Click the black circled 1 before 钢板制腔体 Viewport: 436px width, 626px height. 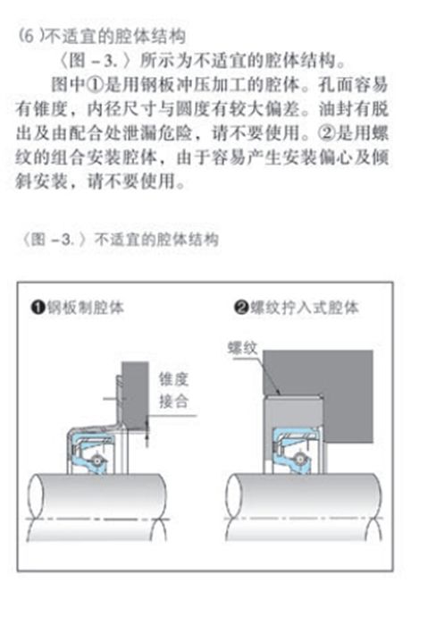[x=38, y=309]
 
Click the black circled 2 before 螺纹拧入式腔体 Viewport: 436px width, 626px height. [x=241, y=308]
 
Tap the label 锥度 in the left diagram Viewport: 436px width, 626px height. [x=173, y=379]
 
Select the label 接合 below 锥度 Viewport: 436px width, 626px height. [x=173, y=401]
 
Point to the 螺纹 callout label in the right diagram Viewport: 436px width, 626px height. [x=242, y=348]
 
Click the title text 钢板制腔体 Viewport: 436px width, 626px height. [x=86, y=308]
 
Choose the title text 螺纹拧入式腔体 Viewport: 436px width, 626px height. [x=304, y=308]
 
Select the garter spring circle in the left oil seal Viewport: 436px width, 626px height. [x=96, y=460]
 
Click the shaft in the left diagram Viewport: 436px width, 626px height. [x=96, y=507]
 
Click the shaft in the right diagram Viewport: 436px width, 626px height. [x=303, y=507]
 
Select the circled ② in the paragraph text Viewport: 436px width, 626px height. [x=326, y=133]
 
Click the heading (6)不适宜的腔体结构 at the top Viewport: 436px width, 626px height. [x=102, y=37]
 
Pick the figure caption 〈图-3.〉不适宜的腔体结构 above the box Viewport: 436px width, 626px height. [x=120, y=240]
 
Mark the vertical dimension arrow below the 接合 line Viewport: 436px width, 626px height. [x=147, y=431]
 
